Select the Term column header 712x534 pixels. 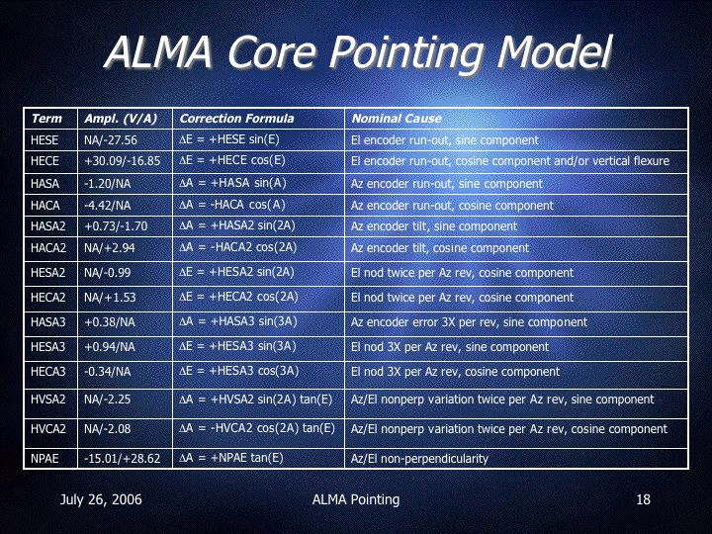click(46, 119)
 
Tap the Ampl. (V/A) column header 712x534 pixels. click(121, 119)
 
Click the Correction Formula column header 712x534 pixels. click(236, 119)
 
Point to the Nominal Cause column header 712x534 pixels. click(397, 119)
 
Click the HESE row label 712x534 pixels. click(44, 139)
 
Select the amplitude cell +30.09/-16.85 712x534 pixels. click(123, 161)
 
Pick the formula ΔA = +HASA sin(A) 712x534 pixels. click(232, 183)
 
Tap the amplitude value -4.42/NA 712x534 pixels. click(107, 206)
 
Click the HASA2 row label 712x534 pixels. click(48, 226)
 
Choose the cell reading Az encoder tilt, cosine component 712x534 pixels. click(440, 248)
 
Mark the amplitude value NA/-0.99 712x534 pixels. click(107, 273)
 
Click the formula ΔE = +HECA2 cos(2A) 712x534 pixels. click(238, 297)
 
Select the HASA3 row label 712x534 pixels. click(48, 322)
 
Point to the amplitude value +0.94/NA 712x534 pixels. click(110, 347)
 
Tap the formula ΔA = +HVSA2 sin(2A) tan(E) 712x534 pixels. click(256, 400)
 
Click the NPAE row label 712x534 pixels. click(44, 459)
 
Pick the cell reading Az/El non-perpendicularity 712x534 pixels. click(419, 459)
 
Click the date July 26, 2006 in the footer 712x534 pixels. click(101, 500)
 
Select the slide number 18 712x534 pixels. click(643, 499)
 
